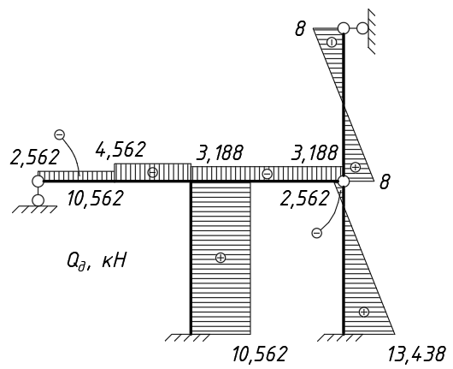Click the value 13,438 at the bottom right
pyautogui.click(x=415, y=354)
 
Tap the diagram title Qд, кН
pyautogui.click(x=97, y=262)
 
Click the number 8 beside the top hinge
pyautogui.click(x=300, y=29)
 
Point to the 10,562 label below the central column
pyautogui.click(x=260, y=354)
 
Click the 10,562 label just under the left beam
pyautogui.click(x=96, y=199)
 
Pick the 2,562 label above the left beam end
pyautogui.click(x=35, y=158)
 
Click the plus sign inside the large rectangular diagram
pyautogui.click(x=221, y=258)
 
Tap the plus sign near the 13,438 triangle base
pyautogui.click(x=364, y=312)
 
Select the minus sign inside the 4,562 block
pyautogui.click(x=153, y=172)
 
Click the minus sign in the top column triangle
pyautogui.click(x=332, y=43)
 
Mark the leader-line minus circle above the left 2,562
pyautogui.click(x=60, y=134)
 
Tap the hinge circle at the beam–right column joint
pyautogui.click(x=344, y=182)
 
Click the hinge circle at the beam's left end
pyautogui.click(x=38, y=182)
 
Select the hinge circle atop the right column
pyautogui.click(x=344, y=28)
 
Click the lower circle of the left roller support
pyautogui.click(x=38, y=200)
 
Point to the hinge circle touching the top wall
pyautogui.click(x=362, y=28)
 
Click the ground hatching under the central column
pyautogui.click(x=187, y=337)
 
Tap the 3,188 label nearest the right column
pyautogui.click(x=315, y=152)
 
